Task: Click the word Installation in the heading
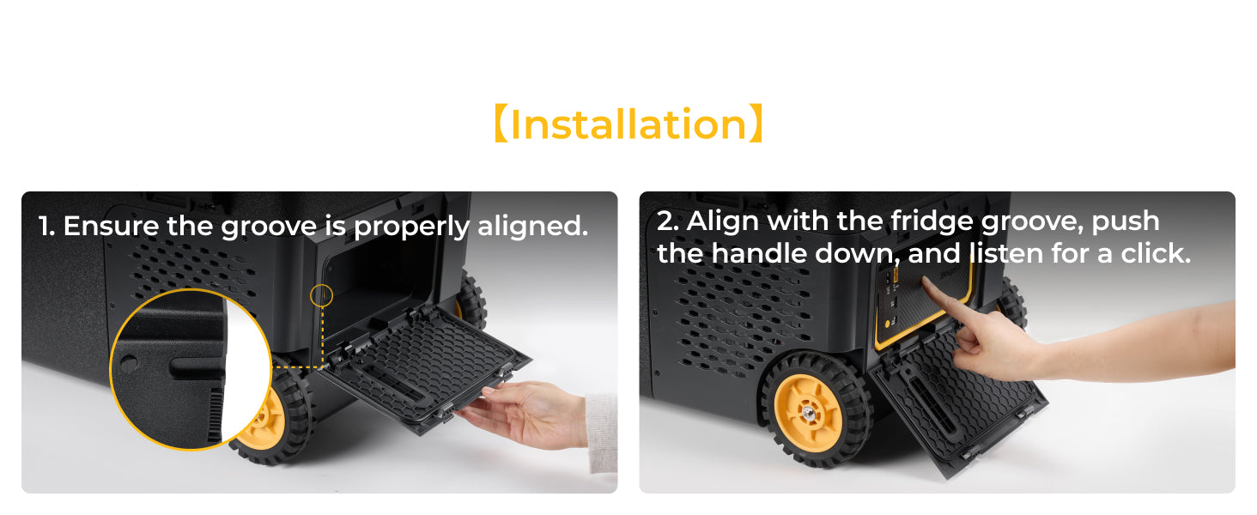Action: click(x=628, y=124)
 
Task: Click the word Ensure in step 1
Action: click(x=111, y=226)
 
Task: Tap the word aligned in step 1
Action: click(x=532, y=226)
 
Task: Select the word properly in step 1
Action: click(x=411, y=227)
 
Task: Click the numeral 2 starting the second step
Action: click(x=665, y=221)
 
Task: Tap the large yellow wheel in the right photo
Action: click(x=809, y=412)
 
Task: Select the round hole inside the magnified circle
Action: click(x=129, y=364)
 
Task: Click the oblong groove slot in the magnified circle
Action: click(x=197, y=367)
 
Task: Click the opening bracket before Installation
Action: click(x=501, y=124)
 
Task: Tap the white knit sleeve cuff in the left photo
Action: click(x=602, y=432)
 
